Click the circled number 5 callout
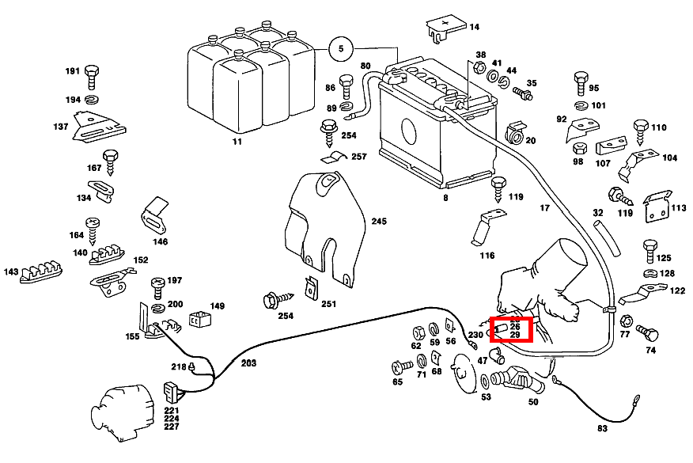pyautogui.click(x=341, y=49)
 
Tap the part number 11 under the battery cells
pyautogui.click(x=237, y=142)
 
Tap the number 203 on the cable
pyautogui.click(x=248, y=363)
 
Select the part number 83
pyautogui.click(x=602, y=428)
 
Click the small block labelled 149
pyautogui.click(x=199, y=321)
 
